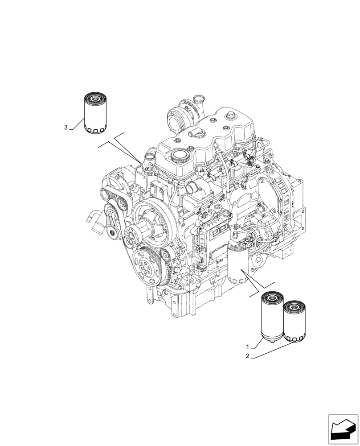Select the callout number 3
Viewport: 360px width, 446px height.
tap(66, 128)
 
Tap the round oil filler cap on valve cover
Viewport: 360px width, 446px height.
tap(180, 156)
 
